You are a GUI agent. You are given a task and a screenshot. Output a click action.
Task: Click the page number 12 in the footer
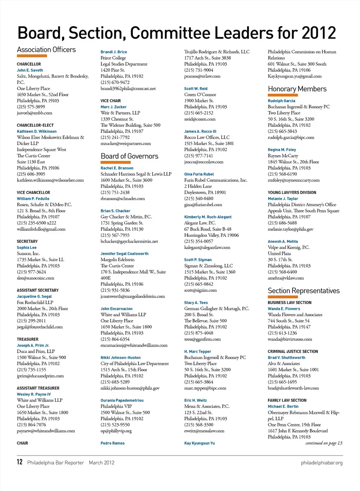pyautogui.click(x=19, y=462)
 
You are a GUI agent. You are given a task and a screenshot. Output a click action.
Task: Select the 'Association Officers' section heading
pyautogui.click(x=46, y=49)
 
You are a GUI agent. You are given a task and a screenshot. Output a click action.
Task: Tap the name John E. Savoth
pyautogui.click(x=30, y=70)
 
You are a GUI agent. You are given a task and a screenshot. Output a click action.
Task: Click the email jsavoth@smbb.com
pyautogui.click(x=34, y=113)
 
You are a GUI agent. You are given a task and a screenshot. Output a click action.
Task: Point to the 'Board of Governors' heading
pyautogui.click(x=129, y=156)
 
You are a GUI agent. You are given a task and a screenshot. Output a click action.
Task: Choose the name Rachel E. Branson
pyautogui.click(x=117, y=168)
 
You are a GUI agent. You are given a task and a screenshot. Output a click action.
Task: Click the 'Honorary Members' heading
pyautogui.click(x=297, y=89)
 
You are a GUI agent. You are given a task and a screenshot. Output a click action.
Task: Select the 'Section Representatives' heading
pyautogui.click(x=303, y=290)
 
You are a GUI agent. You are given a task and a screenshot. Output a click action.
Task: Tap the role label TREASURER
pyautogui.click(x=27, y=339)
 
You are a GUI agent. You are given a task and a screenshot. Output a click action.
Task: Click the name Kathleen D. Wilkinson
pyautogui.click(x=37, y=132)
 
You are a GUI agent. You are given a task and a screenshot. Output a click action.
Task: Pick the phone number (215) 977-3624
pyautogui.click(x=31, y=272)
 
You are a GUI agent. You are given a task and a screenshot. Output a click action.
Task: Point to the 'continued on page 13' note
pyautogui.click(x=324, y=443)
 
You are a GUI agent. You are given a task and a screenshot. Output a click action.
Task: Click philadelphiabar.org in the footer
pyautogui.click(x=321, y=463)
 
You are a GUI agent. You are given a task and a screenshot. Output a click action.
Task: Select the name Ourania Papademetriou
pyautogui.click(x=122, y=400)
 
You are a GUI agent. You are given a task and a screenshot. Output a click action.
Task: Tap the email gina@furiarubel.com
pyautogui.click(x=203, y=205)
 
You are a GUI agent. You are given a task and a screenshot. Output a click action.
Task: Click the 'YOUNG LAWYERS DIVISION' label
pyautogui.click(x=292, y=193)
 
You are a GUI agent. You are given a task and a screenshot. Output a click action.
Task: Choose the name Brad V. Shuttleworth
pyautogui.click(x=286, y=358)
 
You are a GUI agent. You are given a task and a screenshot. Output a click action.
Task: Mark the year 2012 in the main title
pyautogui.click(x=319, y=33)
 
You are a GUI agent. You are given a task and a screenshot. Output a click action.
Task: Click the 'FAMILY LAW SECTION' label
pyautogui.click(x=287, y=400)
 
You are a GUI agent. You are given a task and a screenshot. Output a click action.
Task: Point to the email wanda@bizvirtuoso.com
pyautogui.click(x=290, y=339)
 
